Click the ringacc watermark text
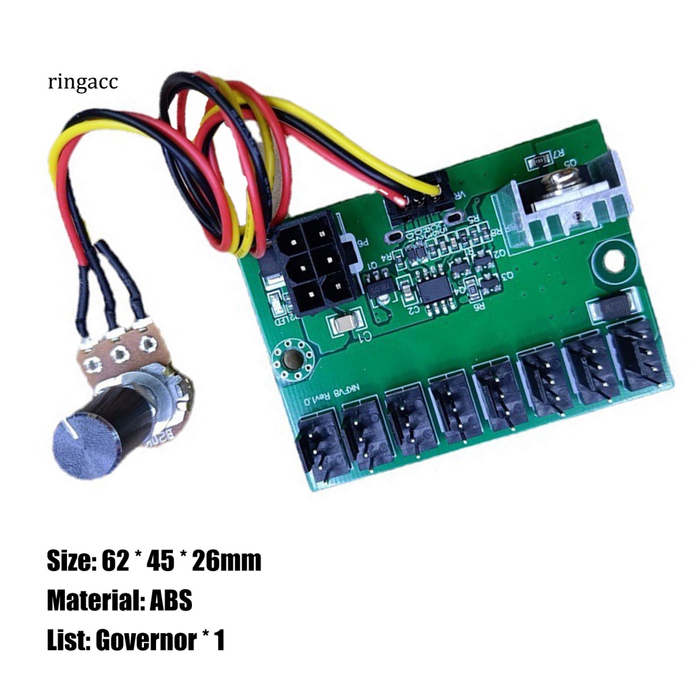[x=82, y=82]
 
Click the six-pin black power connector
[x=310, y=267]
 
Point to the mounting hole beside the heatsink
[x=612, y=260]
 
